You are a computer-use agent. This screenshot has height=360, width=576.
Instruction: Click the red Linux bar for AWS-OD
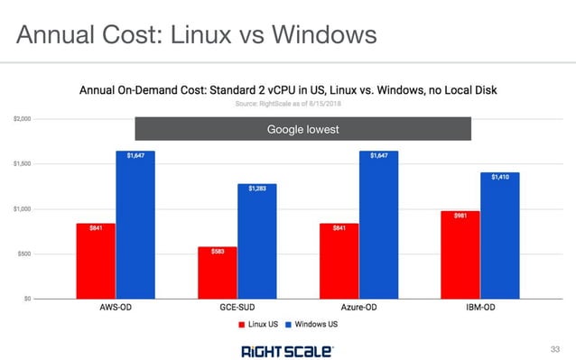point(96,262)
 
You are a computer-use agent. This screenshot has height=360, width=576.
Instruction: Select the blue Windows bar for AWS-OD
point(135,226)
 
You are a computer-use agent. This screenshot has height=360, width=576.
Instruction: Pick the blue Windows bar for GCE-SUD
point(257,242)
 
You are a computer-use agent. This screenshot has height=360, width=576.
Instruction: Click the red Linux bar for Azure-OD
point(339,262)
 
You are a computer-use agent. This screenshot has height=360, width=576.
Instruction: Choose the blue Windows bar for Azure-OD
point(379,226)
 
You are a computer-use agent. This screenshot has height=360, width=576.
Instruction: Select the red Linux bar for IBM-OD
point(461,255)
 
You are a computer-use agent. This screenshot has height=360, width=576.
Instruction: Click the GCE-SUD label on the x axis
point(237,308)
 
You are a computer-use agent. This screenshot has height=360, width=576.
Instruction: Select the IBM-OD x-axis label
point(481,308)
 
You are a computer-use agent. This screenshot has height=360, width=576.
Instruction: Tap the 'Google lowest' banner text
point(302,130)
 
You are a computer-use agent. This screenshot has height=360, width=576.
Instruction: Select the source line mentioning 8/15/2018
point(289,104)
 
